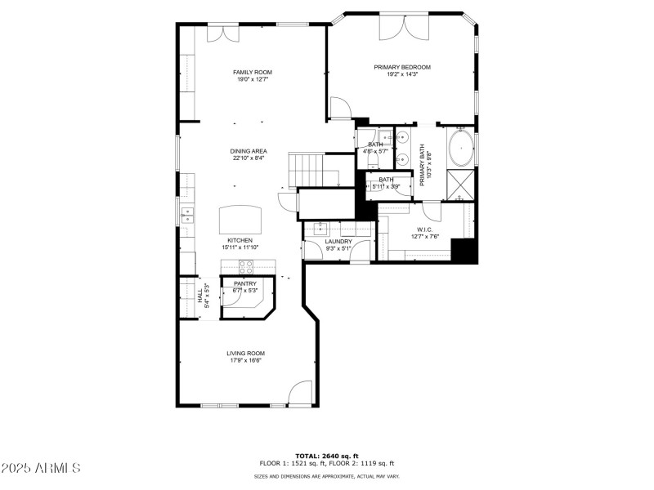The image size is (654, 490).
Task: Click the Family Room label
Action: point(253,72)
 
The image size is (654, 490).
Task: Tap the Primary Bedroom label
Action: point(402,67)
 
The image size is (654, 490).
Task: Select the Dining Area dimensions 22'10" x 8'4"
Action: point(249,158)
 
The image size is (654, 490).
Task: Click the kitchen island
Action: point(240,220)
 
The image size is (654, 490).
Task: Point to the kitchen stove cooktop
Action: point(246,265)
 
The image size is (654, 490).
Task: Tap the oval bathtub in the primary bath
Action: point(460,148)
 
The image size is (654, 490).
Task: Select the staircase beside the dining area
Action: point(307,170)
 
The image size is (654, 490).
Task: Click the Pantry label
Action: point(245,283)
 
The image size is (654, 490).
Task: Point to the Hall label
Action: point(199,296)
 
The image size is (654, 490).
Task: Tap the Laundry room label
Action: point(338,242)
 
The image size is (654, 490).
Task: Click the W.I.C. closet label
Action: point(424,229)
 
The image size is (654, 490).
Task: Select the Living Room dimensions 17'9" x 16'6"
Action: point(246,360)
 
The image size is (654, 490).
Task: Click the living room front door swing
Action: point(300,392)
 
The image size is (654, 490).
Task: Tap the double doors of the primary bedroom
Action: point(404,28)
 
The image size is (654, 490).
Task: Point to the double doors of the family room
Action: point(223,33)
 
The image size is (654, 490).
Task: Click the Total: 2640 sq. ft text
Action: point(326,456)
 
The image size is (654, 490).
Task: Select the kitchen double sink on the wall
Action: point(187,216)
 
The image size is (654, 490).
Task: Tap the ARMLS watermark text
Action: point(40,467)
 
